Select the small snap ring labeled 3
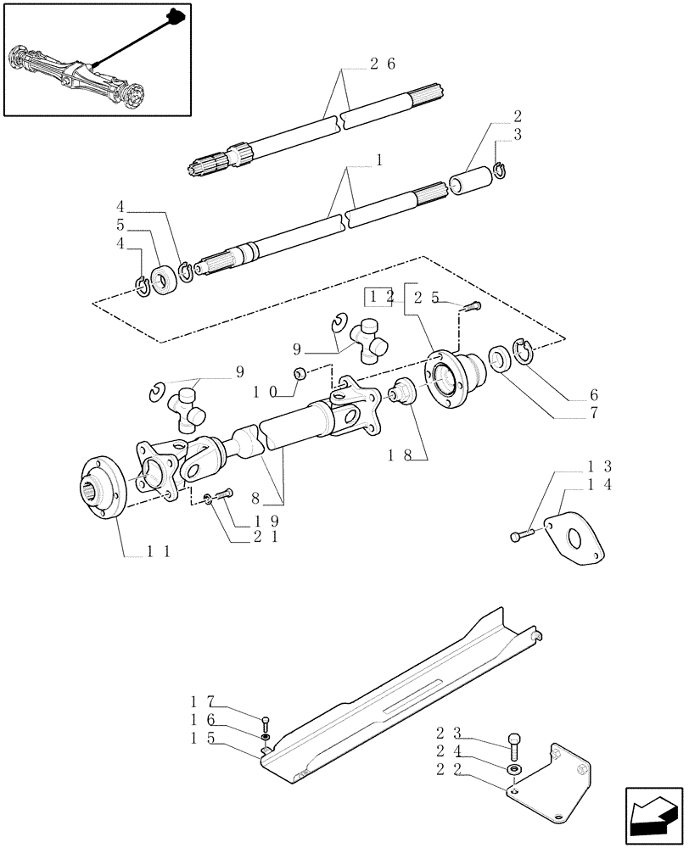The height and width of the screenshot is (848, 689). pyautogui.click(x=501, y=172)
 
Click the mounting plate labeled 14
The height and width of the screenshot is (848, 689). pyautogui.click(x=576, y=536)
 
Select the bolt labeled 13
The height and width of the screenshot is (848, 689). pyautogui.click(x=521, y=535)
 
